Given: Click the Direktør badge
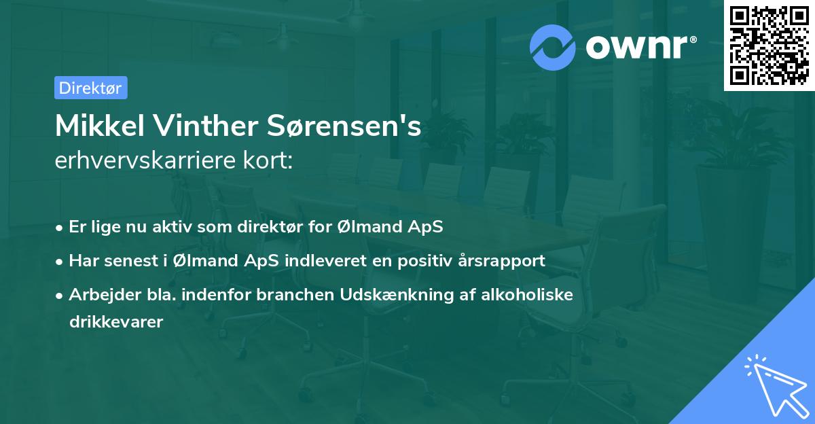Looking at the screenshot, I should pyautogui.click(x=90, y=88).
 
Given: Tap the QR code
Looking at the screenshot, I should pyautogui.click(x=769, y=46).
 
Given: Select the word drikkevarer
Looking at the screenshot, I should pyautogui.click(x=116, y=322).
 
